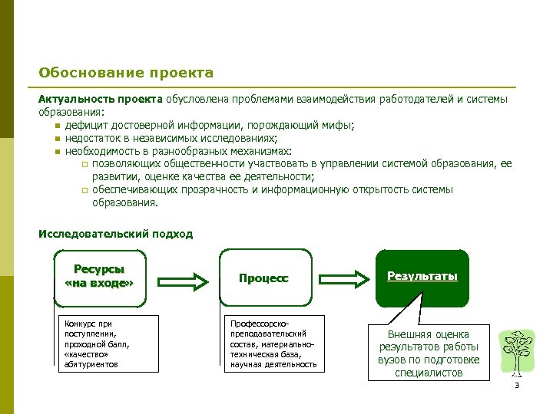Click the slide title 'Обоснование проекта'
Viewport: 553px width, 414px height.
(x=126, y=74)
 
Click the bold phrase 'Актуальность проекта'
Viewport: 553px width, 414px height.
(x=100, y=100)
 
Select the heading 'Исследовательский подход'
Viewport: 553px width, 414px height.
(x=115, y=234)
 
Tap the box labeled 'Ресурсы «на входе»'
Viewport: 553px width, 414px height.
(x=99, y=278)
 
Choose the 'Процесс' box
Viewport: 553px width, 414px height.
(x=265, y=278)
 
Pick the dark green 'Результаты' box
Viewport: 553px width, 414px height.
(x=422, y=277)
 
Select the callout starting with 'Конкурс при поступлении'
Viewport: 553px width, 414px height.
(x=97, y=343)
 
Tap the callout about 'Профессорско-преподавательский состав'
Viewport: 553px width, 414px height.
(x=273, y=343)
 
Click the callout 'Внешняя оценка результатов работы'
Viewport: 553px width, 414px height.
(x=428, y=353)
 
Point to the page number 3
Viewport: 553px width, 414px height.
(x=517, y=385)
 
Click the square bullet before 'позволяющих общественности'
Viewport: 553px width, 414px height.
(x=84, y=165)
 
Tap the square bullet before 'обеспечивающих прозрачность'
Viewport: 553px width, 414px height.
(x=84, y=191)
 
